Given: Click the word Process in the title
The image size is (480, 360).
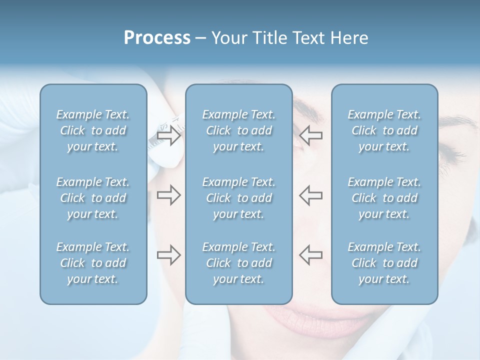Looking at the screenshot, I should click(157, 38).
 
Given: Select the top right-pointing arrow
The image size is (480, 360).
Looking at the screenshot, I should click(168, 136).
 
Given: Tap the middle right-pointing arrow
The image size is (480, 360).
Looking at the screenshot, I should click(168, 195).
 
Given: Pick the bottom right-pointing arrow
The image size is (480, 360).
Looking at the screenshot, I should click(168, 255).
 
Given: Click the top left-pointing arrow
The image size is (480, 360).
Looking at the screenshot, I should click(310, 135).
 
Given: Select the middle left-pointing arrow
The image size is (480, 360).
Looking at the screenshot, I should click(310, 195).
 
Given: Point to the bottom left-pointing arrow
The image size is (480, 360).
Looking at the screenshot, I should click(310, 254).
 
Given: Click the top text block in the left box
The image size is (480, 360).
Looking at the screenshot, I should click(93, 130).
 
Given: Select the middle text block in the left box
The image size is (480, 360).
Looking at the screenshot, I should click(93, 198).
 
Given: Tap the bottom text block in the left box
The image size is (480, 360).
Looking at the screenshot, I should click(93, 263).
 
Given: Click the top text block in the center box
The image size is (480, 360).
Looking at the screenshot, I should click(239, 130).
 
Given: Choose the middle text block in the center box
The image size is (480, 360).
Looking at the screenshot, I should click(239, 198).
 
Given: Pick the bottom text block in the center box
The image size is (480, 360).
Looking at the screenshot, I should click(239, 263).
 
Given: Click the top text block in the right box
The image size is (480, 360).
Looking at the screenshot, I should click(384, 130).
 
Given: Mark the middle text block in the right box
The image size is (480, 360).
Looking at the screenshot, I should click(384, 198).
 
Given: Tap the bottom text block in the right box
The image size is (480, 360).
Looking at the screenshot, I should click(384, 263).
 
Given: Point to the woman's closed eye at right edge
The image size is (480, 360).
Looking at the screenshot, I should click(457, 155).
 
